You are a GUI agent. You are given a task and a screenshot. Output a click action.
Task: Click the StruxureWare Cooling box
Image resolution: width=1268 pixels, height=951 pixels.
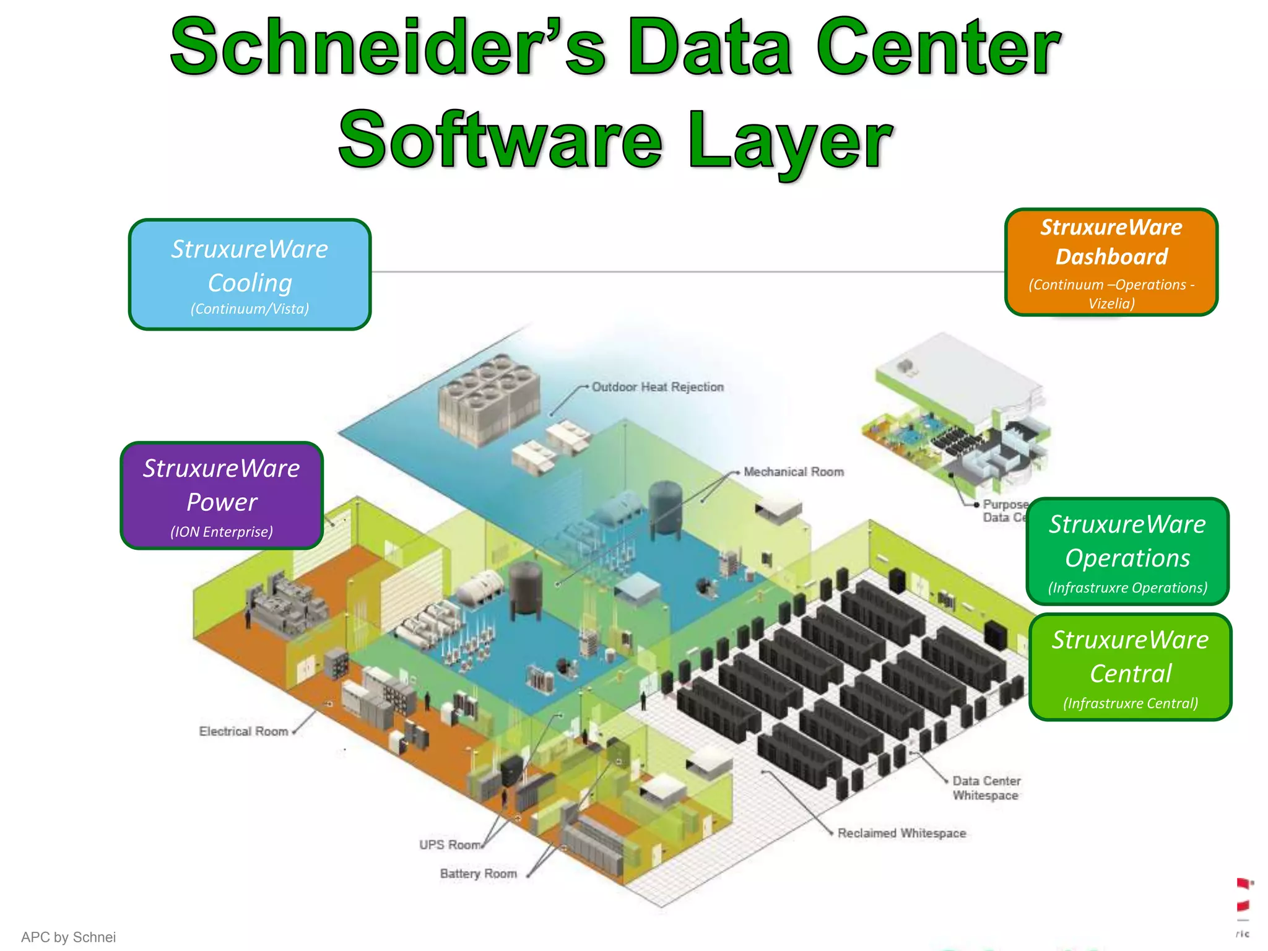pyautogui.click(x=250, y=274)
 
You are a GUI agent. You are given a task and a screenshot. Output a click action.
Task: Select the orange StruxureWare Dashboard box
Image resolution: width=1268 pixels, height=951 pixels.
pyautogui.click(x=1111, y=262)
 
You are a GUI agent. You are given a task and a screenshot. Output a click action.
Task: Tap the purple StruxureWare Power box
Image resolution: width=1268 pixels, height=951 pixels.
pyautogui.click(x=222, y=495)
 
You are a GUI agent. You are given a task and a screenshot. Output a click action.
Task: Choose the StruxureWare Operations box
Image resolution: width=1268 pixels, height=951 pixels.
pyautogui.click(x=1127, y=551)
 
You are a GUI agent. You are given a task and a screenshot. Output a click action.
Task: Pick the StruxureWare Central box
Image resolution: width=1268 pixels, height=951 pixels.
pyautogui.click(x=1131, y=667)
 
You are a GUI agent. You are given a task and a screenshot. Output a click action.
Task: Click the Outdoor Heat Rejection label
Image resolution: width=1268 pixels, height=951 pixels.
pyautogui.click(x=658, y=387)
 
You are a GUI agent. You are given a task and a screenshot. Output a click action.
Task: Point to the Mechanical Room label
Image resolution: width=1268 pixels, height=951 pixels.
pyautogui.click(x=794, y=472)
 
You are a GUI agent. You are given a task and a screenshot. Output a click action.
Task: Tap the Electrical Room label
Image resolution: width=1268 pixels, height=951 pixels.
pyautogui.click(x=243, y=731)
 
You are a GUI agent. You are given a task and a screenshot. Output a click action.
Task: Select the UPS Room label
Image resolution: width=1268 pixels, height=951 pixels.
pyautogui.click(x=449, y=845)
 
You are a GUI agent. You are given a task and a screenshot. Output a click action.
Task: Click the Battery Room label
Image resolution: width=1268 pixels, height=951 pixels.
pyautogui.click(x=478, y=874)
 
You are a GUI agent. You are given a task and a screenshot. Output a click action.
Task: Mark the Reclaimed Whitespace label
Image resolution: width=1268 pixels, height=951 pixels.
pyautogui.click(x=901, y=833)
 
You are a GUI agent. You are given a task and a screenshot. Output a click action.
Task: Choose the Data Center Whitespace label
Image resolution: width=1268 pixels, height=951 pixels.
pyautogui.click(x=986, y=788)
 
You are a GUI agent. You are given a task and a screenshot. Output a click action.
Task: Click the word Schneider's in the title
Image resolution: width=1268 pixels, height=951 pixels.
pyautogui.click(x=388, y=48)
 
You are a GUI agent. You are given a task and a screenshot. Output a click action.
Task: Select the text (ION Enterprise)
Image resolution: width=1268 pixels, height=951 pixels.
pyautogui.click(x=222, y=532)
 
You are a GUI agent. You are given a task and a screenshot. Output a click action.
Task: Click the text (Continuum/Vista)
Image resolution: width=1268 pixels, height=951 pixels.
pyautogui.click(x=250, y=309)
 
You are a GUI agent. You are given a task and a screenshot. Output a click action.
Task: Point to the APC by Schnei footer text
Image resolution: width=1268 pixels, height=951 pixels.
pyautogui.click(x=68, y=937)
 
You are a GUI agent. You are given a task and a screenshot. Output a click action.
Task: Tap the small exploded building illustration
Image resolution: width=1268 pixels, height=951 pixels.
pyautogui.click(x=957, y=415)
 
